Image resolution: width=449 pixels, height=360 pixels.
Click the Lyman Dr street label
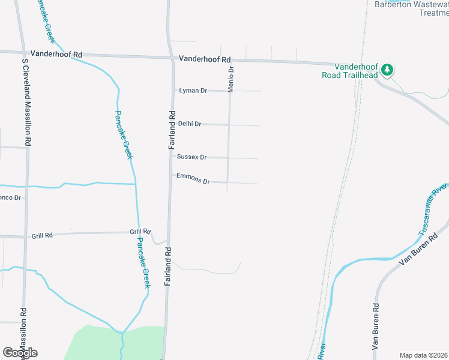[193, 91]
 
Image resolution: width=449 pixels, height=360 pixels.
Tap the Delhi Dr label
[190, 124]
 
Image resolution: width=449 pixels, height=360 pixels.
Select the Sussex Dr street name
[191, 157]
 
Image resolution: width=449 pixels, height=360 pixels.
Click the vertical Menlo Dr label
[231, 79]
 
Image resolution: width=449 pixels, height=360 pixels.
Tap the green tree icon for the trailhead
[388, 70]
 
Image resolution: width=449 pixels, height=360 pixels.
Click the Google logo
[20, 353]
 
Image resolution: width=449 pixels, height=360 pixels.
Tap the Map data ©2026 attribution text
[423, 355]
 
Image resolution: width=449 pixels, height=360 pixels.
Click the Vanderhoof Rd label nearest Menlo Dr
[205, 59]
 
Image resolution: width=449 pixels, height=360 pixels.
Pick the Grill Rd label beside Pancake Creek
[140, 232]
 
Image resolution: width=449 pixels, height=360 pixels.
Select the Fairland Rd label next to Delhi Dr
[171, 130]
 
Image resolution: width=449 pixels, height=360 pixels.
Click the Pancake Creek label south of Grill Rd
[142, 262]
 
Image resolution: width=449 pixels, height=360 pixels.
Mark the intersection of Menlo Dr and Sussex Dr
[228, 158]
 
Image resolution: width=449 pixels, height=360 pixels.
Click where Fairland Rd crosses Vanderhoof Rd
[169, 58]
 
